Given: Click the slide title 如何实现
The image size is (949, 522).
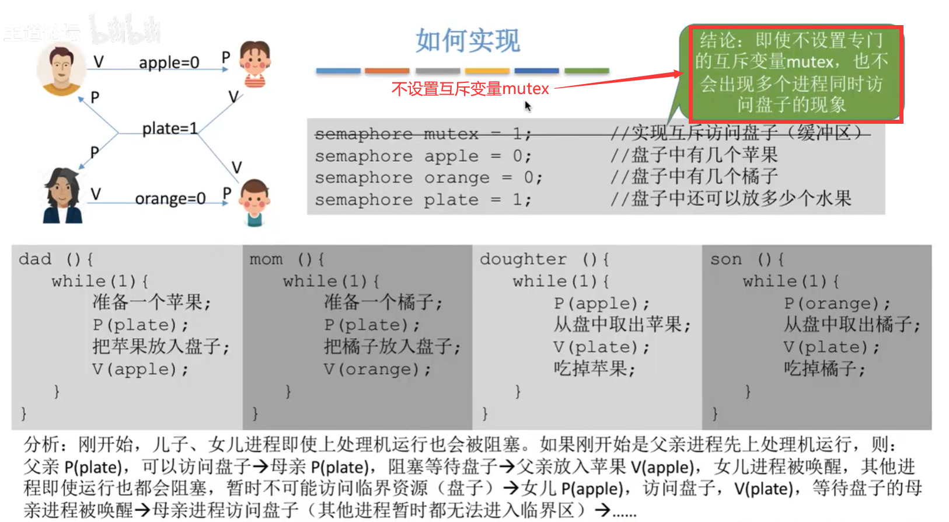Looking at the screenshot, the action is (x=467, y=41).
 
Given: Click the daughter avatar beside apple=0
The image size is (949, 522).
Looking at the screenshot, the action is (x=254, y=63).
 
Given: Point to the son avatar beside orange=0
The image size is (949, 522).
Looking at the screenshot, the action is (x=254, y=201).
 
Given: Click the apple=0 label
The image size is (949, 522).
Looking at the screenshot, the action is (x=169, y=62).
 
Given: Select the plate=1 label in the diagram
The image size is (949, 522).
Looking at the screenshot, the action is (x=169, y=128).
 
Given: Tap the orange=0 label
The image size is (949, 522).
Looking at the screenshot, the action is (x=170, y=199).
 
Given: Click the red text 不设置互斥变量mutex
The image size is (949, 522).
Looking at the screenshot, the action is (x=470, y=89).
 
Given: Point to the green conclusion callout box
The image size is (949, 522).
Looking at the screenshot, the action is (x=791, y=73).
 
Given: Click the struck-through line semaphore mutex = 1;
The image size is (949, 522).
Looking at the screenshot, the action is (x=423, y=134).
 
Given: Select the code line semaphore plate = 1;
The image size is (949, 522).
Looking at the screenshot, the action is (x=423, y=200).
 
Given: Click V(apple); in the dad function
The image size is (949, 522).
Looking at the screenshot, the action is (x=140, y=369).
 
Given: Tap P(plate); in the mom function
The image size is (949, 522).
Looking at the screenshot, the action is (x=372, y=325).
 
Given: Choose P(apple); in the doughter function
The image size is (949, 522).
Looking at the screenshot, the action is (x=601, y=303).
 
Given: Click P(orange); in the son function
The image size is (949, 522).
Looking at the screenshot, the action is (x=837, y=303).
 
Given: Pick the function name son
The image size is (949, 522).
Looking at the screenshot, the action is (x=726, y=259).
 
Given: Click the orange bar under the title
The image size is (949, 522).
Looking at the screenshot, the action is (x=387, y=71).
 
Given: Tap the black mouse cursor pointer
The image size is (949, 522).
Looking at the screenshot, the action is (x=528, y=106).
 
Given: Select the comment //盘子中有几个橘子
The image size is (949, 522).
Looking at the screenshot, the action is (x=694, y=177).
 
